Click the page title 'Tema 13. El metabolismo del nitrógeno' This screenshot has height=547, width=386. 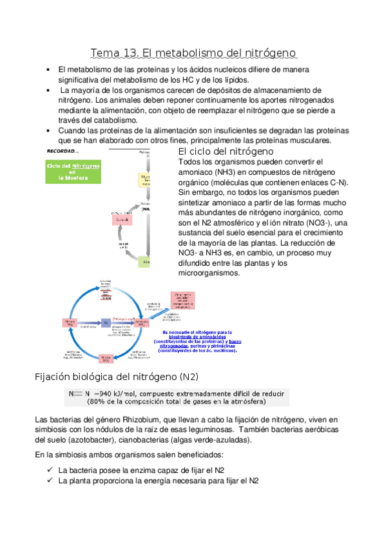tap(193, 52)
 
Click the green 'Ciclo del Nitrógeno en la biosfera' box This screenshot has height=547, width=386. tap(73, 172)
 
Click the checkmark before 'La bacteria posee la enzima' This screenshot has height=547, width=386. tap(50, 470)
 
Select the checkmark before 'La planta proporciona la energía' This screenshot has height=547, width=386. tap(50, 481)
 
